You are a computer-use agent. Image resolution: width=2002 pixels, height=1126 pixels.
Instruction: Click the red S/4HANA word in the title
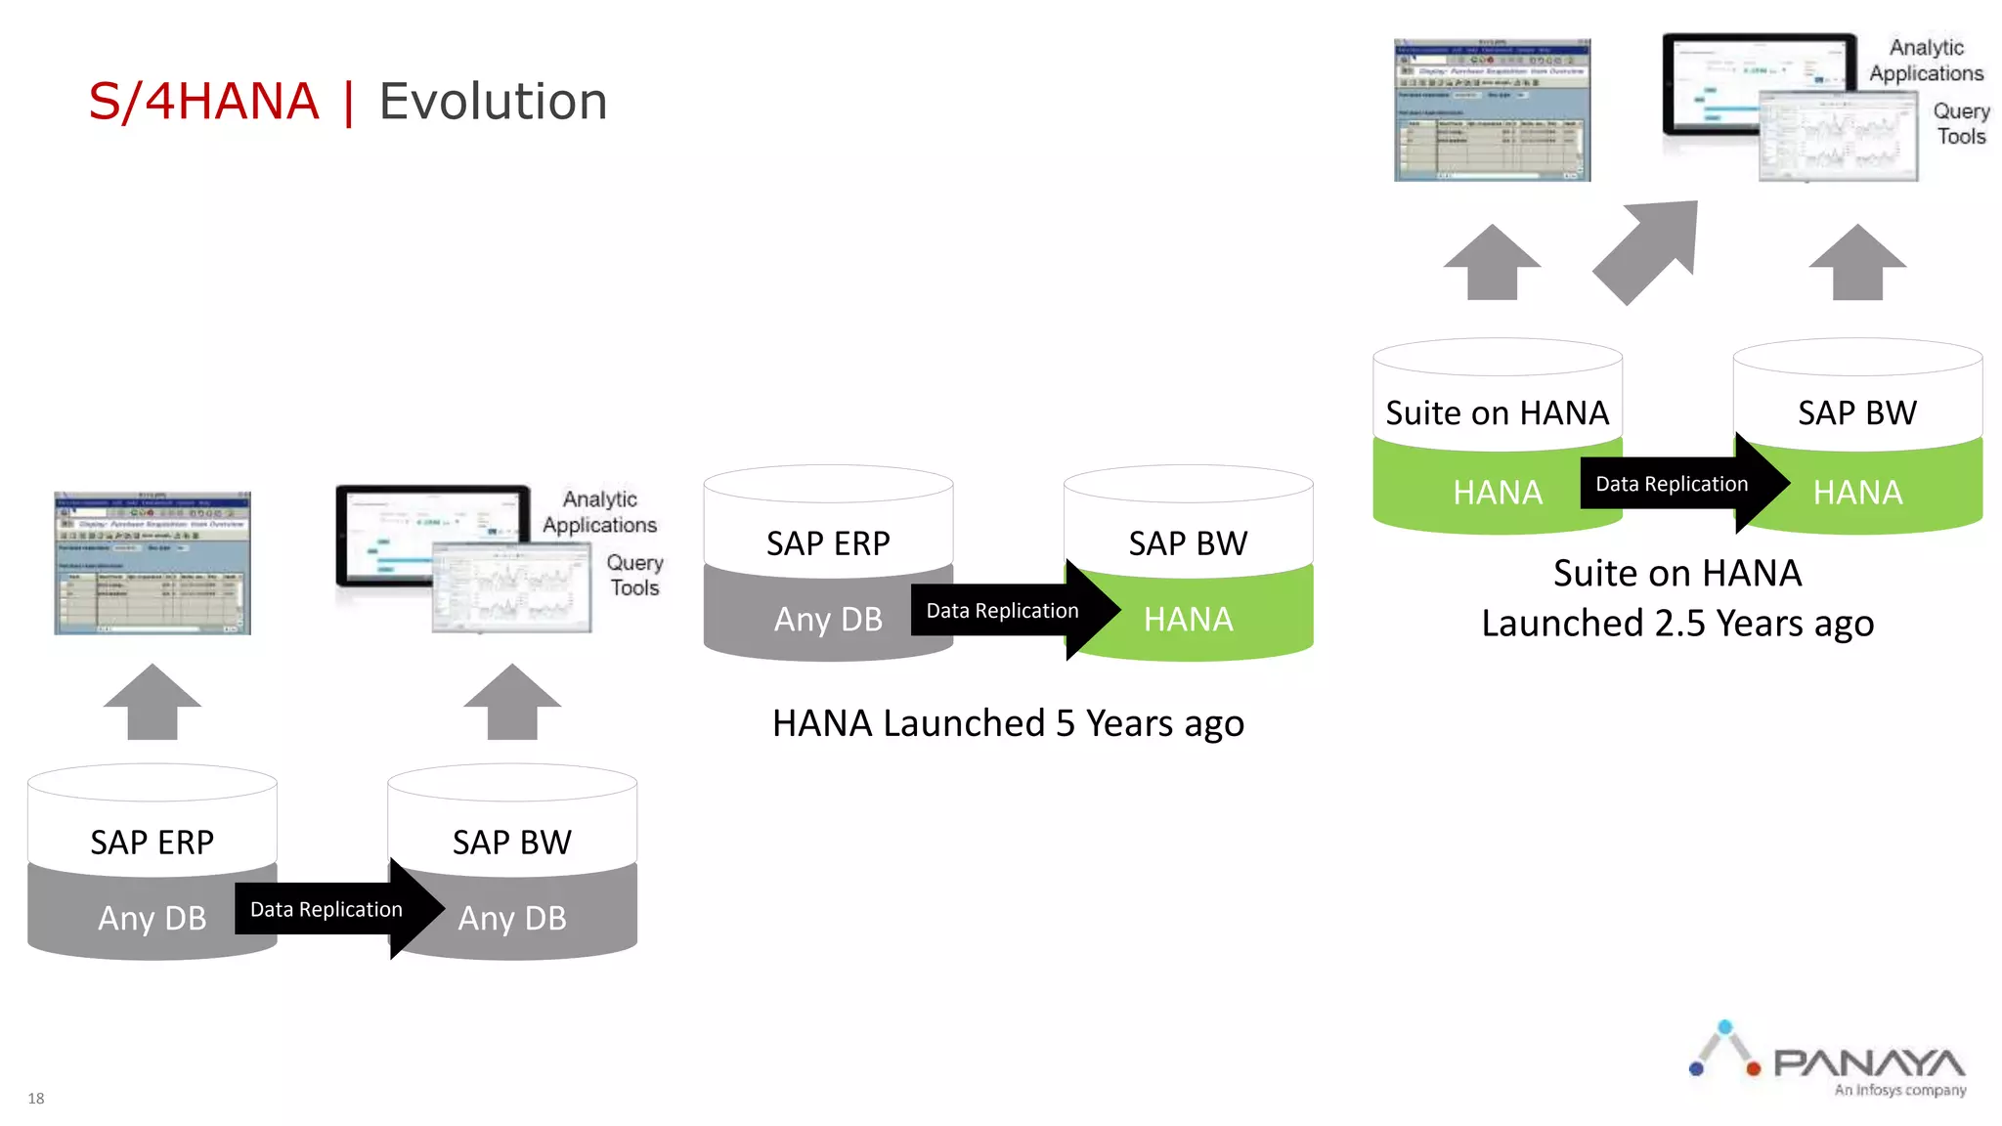click(x=203, y=102)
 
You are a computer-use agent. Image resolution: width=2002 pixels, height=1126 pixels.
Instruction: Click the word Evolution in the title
click(x=493, y=102)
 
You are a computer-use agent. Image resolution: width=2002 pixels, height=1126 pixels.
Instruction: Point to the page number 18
click(x=36, y=1098)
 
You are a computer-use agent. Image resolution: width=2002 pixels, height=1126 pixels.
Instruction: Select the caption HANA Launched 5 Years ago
click(x=1008, y=723)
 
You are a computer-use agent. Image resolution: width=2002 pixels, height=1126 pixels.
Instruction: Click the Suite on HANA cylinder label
click(x=1497, y=413)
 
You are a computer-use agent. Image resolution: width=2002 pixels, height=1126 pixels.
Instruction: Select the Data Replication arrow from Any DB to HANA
click(x=1007, y=611)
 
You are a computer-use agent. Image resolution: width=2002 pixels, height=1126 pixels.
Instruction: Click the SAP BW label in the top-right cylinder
click(x=1856, y=413)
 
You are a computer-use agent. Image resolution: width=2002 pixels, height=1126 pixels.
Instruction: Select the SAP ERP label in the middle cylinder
click(x=828, y=543)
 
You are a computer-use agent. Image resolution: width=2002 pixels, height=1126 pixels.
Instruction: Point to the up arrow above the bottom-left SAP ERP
click(x=152, y=702)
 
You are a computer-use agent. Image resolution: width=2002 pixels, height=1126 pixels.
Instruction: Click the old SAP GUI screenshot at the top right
click(x=1492, y=110)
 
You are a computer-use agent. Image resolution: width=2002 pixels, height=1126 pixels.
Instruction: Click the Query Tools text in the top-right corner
click(x=1961, y=124)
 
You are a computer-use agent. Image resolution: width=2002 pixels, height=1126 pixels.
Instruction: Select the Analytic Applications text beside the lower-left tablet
click(x=599, y=512)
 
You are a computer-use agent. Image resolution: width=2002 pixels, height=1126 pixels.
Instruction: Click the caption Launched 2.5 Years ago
click(x=1677, y=624)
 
